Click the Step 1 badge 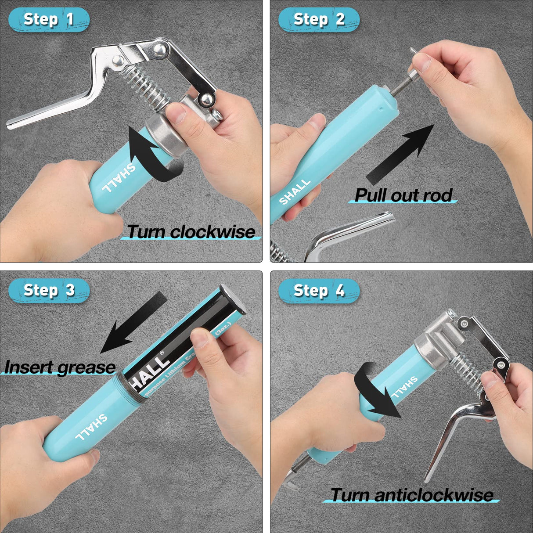(49, 20)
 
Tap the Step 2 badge (319, 20)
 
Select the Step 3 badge (49, 291)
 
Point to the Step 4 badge (319, 291)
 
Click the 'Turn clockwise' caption (191, 232)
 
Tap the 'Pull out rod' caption (403, 195)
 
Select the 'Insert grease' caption (60, 367)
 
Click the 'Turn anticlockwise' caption (412, 495)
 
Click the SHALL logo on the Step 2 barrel (295, 191)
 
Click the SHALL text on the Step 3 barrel (91, 427)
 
